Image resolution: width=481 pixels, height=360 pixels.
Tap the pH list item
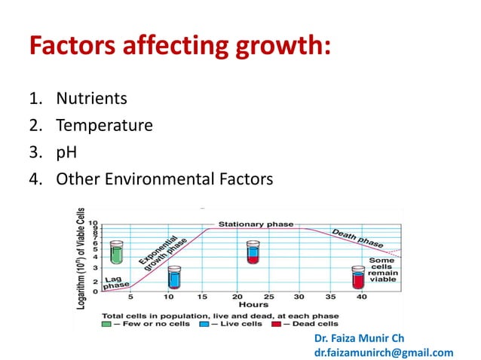click(x=65, y=152)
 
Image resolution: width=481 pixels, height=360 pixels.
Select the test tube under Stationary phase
click(x=253, y=252)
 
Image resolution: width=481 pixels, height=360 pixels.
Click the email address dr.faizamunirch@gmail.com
click(x=384, y=352)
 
